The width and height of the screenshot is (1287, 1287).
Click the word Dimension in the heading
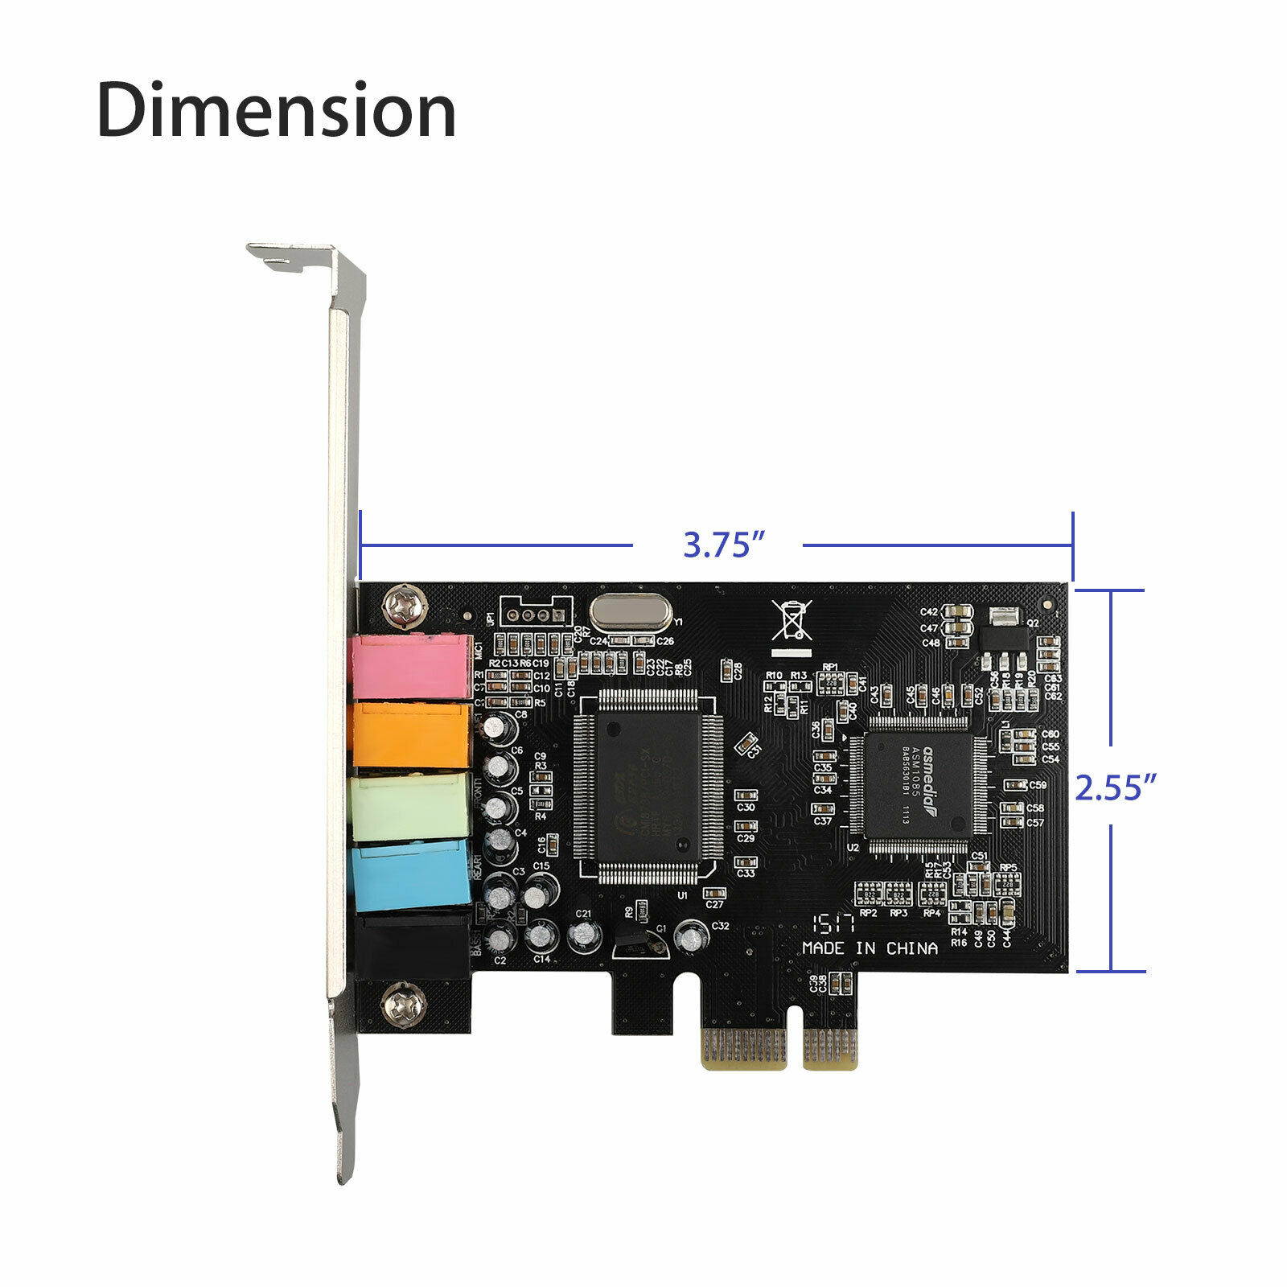(x=277, y=110)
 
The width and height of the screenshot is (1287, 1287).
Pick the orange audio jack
(x=411, y=734)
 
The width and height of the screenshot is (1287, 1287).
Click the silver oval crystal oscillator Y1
(x=629, y=613)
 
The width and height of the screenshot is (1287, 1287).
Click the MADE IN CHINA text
(x=870, y=949)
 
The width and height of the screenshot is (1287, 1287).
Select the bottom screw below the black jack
(x=400, y=1005)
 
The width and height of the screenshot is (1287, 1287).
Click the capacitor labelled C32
(x=689, y=936)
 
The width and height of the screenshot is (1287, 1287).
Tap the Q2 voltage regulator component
(x=1002, y=635)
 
